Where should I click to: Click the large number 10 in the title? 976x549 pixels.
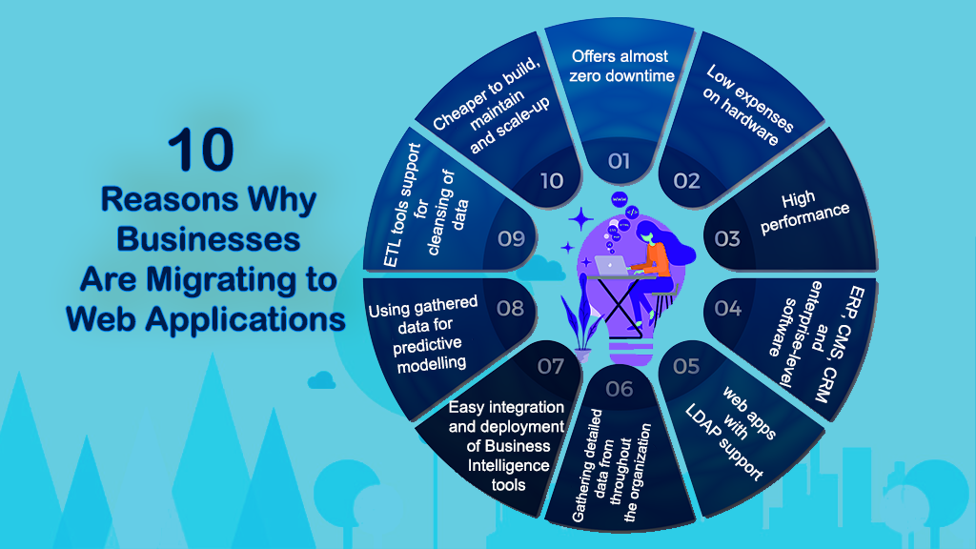click(201, 150)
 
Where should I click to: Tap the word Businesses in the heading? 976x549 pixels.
click(209, 239)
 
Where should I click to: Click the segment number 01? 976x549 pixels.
click(619, 161)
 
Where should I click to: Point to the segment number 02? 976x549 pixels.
click(686, 181)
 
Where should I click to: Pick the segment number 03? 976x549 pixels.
click(727, 238)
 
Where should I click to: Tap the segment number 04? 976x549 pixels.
click(727, 308)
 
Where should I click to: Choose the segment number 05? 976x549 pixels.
click(686, 366)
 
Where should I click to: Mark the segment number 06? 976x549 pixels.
click(620, 389)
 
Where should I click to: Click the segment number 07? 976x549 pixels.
click(551, 366)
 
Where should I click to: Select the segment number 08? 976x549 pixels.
click(511, 308)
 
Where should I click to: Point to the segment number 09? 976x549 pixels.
click(511, 238)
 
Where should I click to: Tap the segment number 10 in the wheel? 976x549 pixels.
click(552, 181)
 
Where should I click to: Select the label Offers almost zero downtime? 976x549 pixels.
click(621, 66)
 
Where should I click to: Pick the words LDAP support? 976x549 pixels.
click(724, 442)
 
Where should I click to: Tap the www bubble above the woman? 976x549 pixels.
click(620, 199)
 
